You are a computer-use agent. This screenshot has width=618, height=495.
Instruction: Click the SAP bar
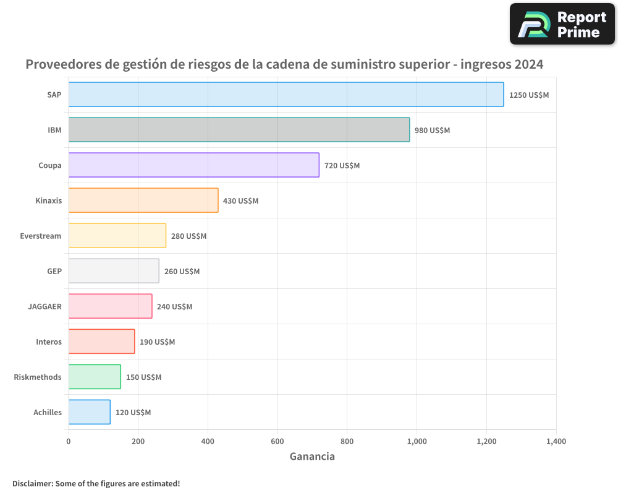[x=286, y=95]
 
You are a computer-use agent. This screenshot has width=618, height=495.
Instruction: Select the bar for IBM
[x=239, y=130]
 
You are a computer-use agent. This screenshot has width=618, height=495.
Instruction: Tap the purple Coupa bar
[x=193, y=165]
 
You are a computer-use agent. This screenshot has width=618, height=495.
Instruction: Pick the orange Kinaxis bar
[x=143, y=200]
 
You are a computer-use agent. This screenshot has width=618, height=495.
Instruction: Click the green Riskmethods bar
[x=95, y=377]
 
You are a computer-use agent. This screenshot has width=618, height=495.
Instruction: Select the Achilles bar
[x=89, y=412]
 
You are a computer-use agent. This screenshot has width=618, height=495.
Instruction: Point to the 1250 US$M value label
[x=528, y=95]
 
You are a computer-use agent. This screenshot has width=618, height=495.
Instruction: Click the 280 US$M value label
[x=188, y=236]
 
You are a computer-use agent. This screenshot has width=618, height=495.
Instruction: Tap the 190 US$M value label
[x=157, y=342]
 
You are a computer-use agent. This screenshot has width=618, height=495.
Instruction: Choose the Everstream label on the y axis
[x=41, y=236]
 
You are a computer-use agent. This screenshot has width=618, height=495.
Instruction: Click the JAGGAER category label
[x=44, y=306]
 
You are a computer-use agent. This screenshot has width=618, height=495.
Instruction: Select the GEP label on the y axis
[x=54, y=271]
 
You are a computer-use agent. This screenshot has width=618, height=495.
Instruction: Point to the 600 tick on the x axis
[x=277, y=442]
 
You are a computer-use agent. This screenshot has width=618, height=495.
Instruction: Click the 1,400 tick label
[x=556, y=442]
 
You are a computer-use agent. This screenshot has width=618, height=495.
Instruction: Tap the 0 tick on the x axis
[x=69, y=442]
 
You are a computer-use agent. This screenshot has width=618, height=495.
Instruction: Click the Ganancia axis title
[x=312, y=457]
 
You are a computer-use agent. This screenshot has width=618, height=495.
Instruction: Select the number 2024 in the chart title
[x=527, y=64]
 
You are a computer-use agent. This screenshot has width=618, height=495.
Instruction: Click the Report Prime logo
[x=562, y=24]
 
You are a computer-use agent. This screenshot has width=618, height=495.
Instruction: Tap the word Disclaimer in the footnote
[x=32, y=483]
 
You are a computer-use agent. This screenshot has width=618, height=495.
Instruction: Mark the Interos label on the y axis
[x=49, y=342]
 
